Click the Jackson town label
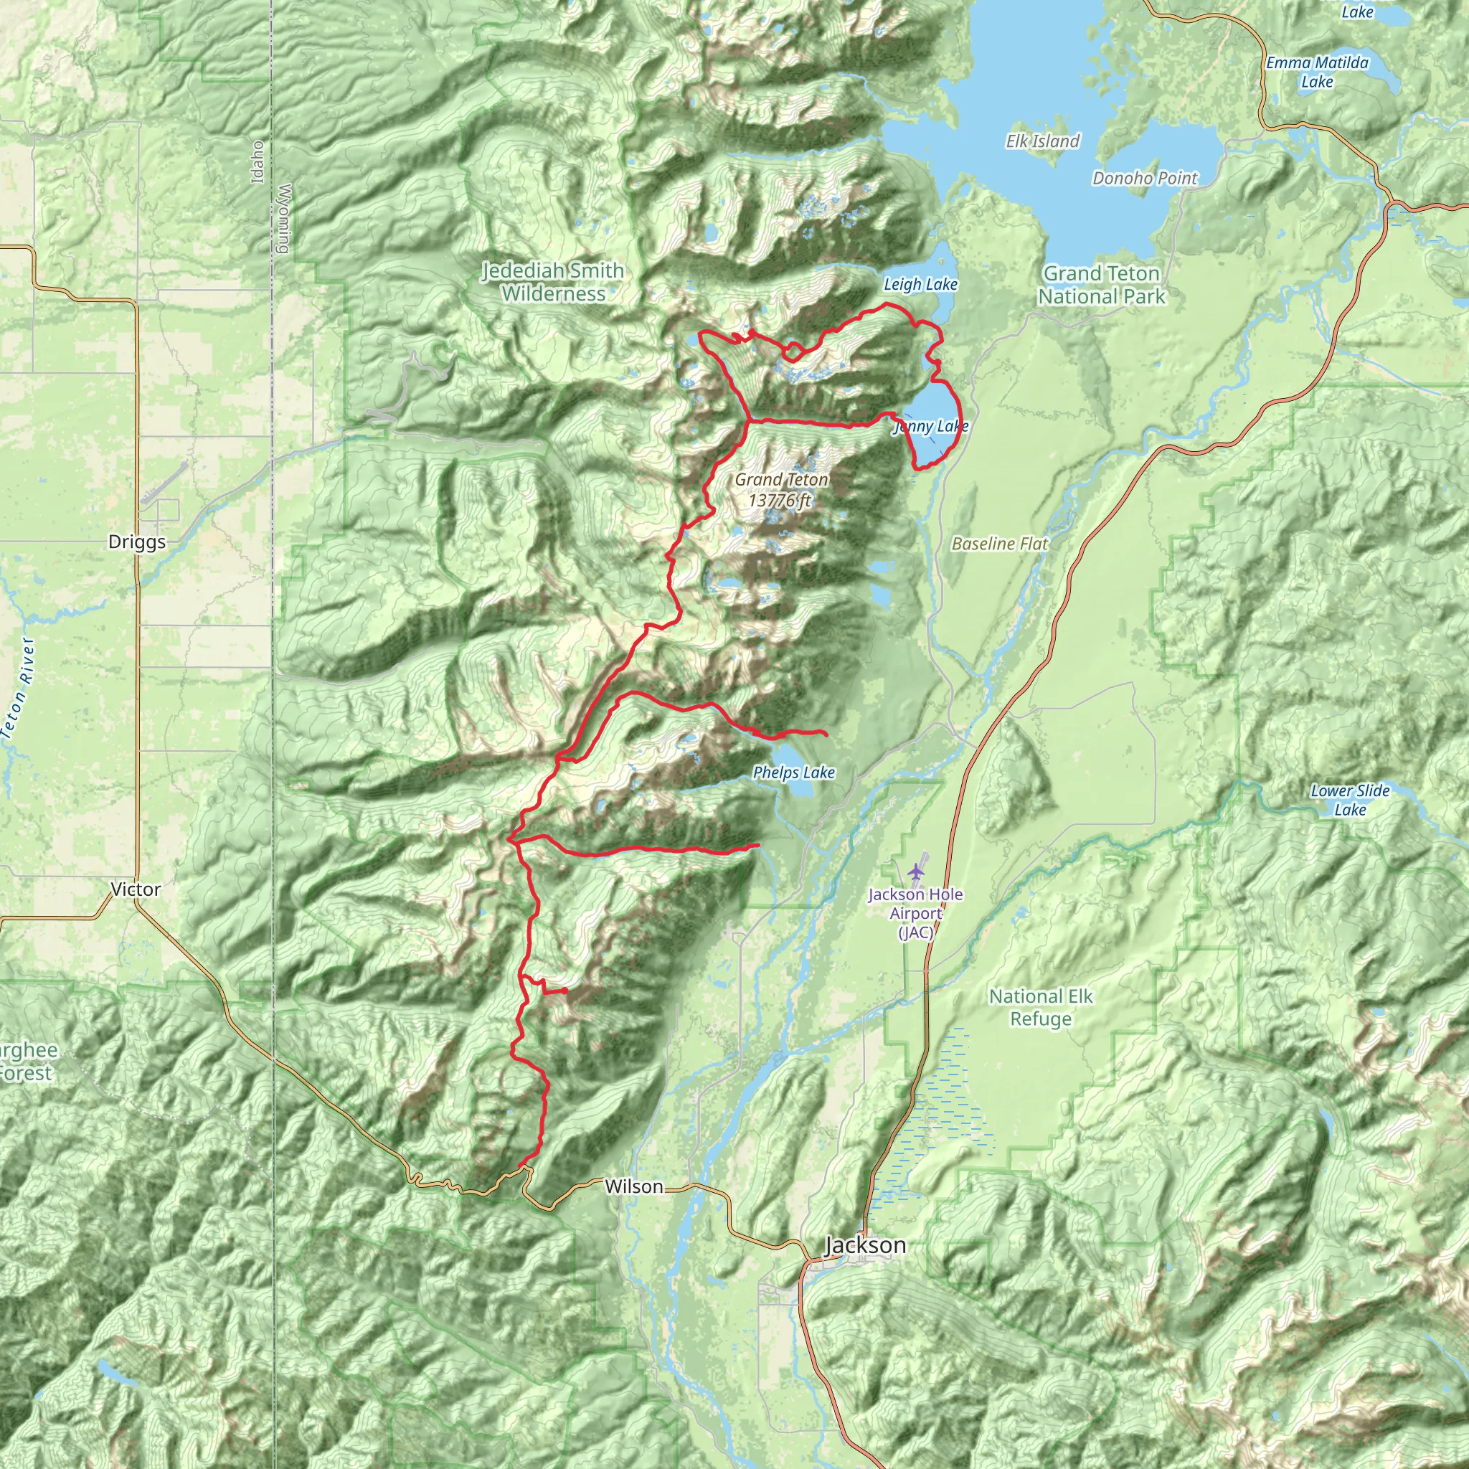pos(865,1245)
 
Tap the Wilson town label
pos(633,1186)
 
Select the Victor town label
pos(136,889)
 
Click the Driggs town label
pos(137,542)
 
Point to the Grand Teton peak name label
pos(781,480)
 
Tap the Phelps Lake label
pos(794,773)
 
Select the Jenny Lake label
pos(930,427)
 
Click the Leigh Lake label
pos(920,284)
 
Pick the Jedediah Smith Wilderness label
pos(554,282)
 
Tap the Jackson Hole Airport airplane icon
pos(916,870)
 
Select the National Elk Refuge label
pos(1040,1008)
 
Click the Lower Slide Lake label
pos(1350,800)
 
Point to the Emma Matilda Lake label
pos(1317,72)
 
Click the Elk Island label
pos(1042,141)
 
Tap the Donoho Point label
pos(1144,178)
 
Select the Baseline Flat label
pos(999,544)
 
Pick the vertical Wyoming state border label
pos(284,218)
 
